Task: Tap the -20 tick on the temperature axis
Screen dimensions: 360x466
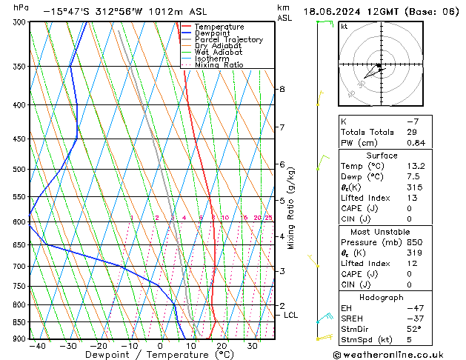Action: pyautogui.click(x=99, y=346)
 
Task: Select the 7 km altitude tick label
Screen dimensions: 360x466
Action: pyautogui.click(x=282, y=127)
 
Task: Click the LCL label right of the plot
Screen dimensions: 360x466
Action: pyautogui.click(x=290, y=315)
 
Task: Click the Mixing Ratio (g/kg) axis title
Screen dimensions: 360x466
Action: pyautogui.click(x=291, y=208)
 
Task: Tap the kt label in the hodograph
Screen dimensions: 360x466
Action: pyautogui.click(x=344, y=26)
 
